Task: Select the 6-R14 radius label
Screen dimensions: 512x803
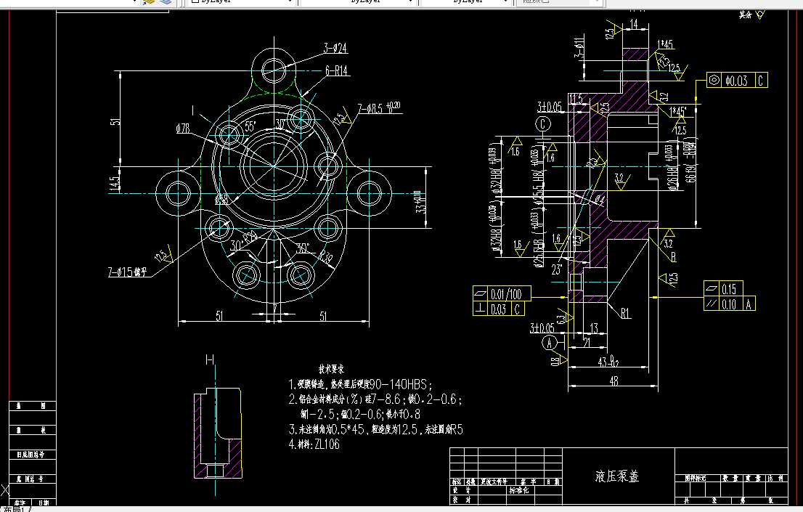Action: [338, 70]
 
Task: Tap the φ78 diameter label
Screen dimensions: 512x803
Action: [184, 129]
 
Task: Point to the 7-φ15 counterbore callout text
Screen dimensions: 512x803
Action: [127, 273]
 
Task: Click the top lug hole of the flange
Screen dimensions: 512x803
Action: [275, 70]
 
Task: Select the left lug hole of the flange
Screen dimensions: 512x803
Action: [179, 194]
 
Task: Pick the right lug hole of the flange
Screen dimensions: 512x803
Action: [370, 194]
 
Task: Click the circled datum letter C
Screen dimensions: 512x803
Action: [544, 125]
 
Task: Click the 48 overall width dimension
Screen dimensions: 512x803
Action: [613, 380]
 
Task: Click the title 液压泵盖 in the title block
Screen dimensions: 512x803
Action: [617, 476]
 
